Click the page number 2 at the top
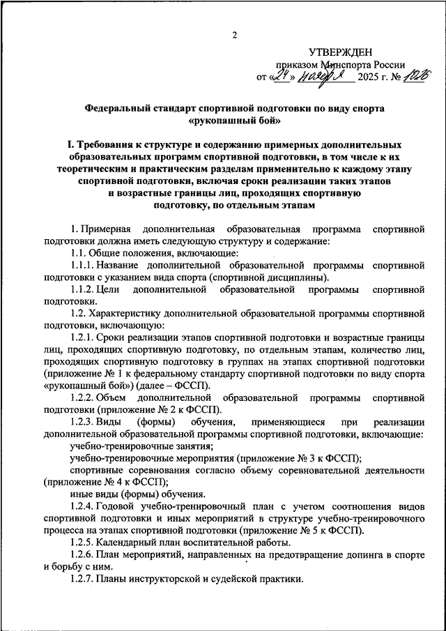tap(235, 36)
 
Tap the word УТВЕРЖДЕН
tap(341, 52)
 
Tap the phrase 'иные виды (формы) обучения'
tap(127, 494)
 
